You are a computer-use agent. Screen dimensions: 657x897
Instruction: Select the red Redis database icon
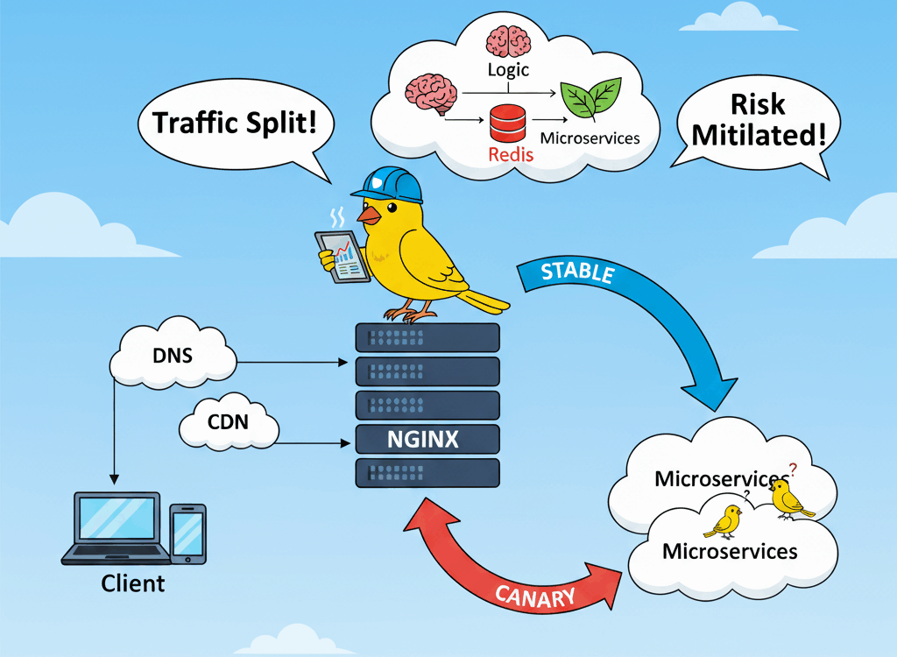pyautogui.click(x=507, y=122)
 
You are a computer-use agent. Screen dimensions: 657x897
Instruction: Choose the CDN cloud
pyautogui.click(x=228, y=423)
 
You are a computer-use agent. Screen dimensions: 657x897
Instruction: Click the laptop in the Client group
pyautogui.click(x=117, y=526)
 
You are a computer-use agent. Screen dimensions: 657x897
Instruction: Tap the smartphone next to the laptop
pyautogui.click(x=187, y=533)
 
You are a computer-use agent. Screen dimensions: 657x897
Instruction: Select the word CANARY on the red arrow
pyautogui.click(x=535, y=597)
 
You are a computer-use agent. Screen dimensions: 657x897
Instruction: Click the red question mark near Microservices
pyautogui.click(x=794, y=470)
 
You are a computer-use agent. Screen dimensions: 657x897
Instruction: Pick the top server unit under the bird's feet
pyautogui.click(x=427, y=337)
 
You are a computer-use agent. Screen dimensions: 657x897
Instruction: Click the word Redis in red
pyautogui.click(x=509, y=156)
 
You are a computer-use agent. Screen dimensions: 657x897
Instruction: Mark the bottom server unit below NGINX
pyautogui.click(x=427, y=473)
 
